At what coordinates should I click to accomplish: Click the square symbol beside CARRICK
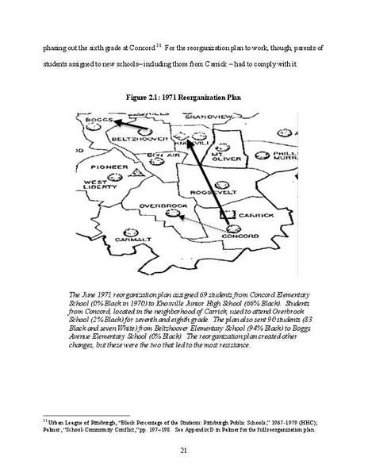tap(227, 214)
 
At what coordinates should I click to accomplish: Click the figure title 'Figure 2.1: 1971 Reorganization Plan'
tap(183, 97)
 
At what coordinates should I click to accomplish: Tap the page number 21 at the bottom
tap(183, 451)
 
